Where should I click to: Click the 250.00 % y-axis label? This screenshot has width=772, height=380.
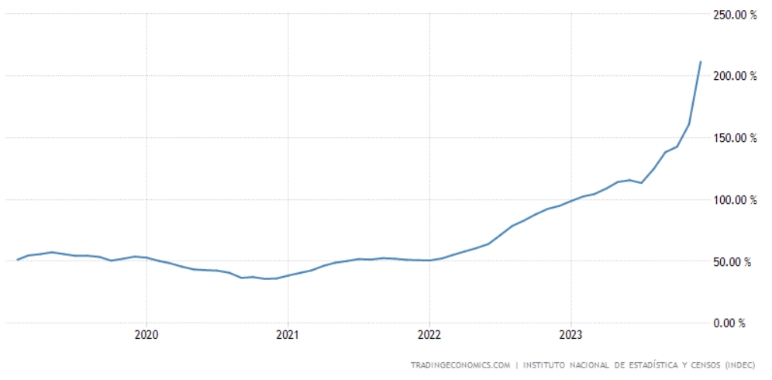pos(735,14)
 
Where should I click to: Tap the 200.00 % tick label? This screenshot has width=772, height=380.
pos(735,76)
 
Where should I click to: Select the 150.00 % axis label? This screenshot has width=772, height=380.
pos(735,138)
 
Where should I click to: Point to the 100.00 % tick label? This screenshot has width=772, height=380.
pos(735,200)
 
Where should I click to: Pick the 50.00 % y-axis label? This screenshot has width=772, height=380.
pos(737,262)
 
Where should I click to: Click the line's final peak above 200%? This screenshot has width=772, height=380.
pos(701,62)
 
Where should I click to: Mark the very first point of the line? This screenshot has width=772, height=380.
pos(17,260)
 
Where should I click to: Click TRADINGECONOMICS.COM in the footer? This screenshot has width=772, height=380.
pos(460,364)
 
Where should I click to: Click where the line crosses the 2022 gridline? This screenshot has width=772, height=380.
pos(429,261)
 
